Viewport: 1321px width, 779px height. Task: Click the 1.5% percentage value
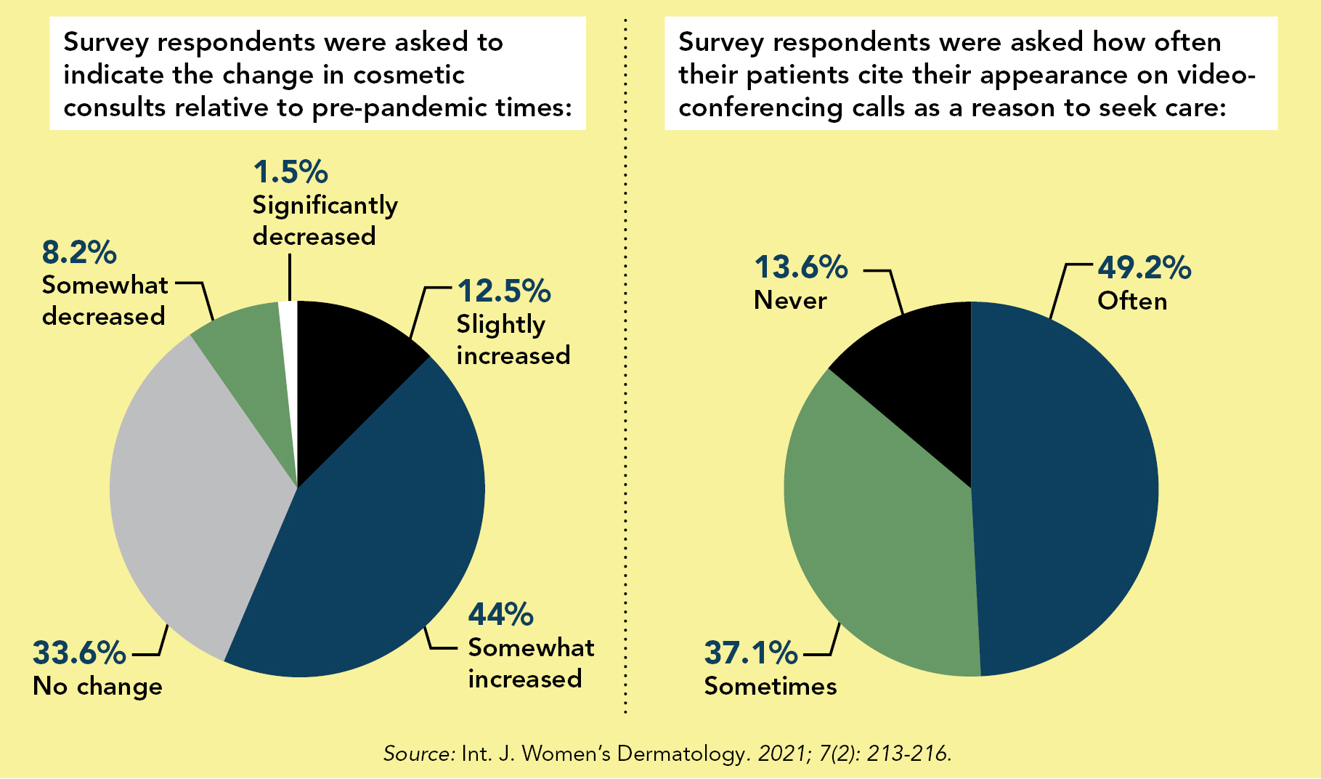click(290, 173)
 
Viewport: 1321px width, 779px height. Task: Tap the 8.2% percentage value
click(79, 253)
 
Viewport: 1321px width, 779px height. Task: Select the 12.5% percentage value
click(504, 291)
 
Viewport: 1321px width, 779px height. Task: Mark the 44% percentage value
click(500, 615)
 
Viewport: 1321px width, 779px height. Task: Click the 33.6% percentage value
click(79, 653)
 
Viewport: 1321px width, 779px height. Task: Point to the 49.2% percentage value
click(1144, 268)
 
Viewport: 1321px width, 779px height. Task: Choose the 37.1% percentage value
click(750, 653)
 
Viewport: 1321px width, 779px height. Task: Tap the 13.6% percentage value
click(801, 267)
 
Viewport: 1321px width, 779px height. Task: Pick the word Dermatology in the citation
click(681, 754)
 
